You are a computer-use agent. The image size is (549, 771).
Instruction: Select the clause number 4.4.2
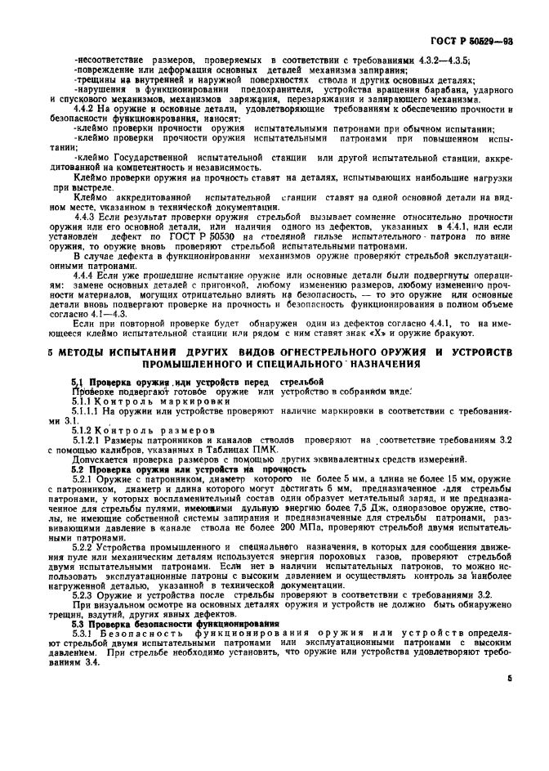click(x=85, y=110)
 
